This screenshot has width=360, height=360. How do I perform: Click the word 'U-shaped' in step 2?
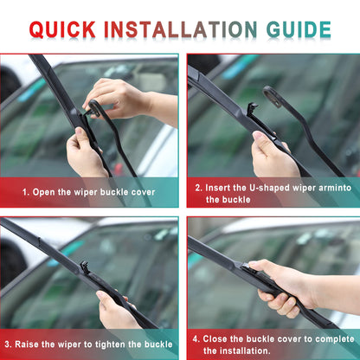(x=264, y=186)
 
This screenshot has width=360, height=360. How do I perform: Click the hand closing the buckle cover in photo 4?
(x=281, y=286)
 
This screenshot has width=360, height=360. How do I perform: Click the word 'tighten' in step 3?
(x=121, y=344)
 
